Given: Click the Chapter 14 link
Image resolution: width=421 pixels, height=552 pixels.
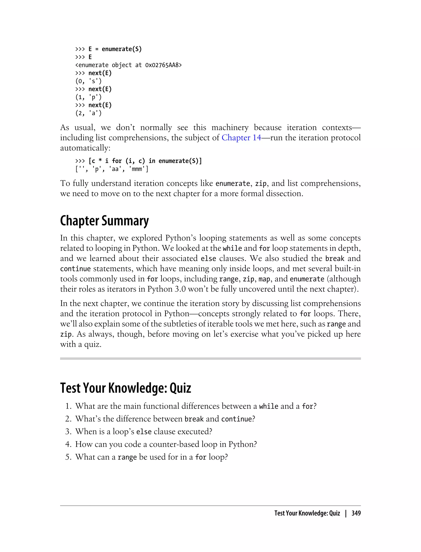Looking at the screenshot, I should point(241,138).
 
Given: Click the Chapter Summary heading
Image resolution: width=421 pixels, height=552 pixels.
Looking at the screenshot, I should point(104,221).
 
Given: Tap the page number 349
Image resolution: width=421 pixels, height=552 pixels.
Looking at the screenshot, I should point(356,513).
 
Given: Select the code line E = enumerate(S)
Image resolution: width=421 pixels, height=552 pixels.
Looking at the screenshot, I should point(115,49).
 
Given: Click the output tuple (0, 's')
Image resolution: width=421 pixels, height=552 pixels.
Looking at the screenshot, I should point(88,81).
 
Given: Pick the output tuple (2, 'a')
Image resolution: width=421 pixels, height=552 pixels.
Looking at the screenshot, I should point(88,113).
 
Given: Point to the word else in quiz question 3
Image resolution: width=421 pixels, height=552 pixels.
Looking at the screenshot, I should point(144,432).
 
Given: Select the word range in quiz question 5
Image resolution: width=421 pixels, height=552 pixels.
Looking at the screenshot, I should point(127,457).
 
